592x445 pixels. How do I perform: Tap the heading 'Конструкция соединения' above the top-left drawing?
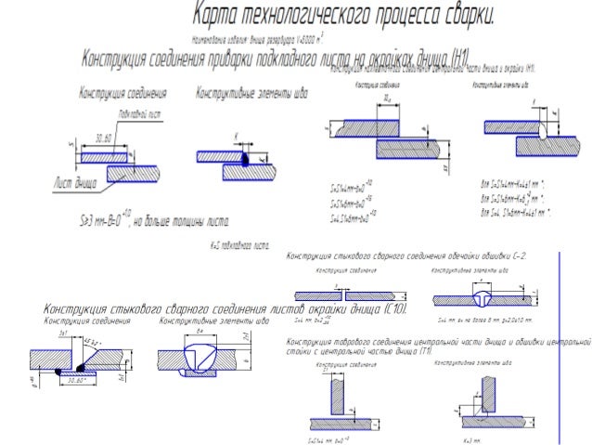point(122,93)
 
